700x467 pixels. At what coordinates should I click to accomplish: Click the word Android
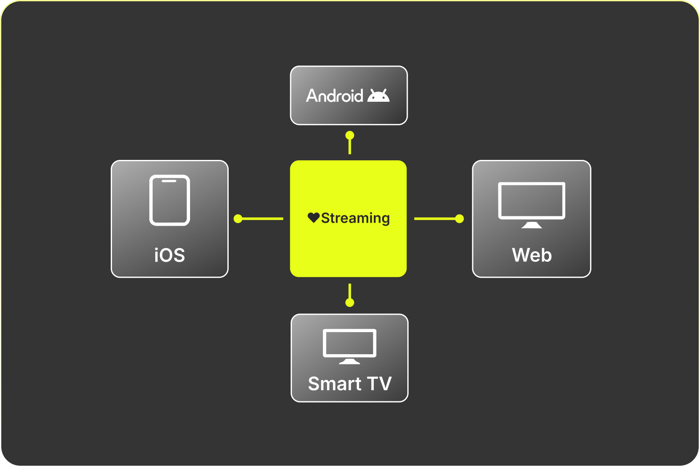pyautogui.click(x=334, y=96)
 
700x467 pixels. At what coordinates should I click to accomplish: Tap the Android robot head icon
pyautogui.click(x=378, y=96)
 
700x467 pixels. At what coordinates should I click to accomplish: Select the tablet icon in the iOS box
pyautogui.click(x=170, y=200)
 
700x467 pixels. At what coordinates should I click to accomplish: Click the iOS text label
pyautogui.click(x=170, y=255)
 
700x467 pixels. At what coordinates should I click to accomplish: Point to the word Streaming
pyautogui.click(x=355, y=218)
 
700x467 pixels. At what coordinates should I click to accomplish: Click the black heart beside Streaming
pyautogui.click(x=314, y=218)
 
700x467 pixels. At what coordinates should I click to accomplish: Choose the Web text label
pyautogui.click(x=532, y=255)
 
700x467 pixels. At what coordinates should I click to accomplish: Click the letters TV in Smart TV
pyautogui.click(x=380, y=384)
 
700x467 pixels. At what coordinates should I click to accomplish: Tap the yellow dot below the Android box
pyautogui.click(x=350, y=136)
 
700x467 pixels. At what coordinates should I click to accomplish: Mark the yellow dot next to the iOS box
pyautogui.click(x=238, y=219)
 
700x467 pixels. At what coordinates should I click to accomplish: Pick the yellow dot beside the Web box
pyautogui.click(x=459, y=219)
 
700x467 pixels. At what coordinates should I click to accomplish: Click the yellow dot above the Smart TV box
pyautogui.click(x=350, y=302)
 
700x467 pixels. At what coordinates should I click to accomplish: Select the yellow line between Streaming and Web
pyautogui.click(x=434, y=219)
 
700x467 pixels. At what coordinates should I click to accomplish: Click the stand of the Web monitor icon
pyautogui.click(x=532, y=225)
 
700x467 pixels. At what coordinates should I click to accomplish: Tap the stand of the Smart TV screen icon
pyautogui.click(x=350, y=361)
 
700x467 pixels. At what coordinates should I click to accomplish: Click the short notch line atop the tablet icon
pyautogui.click(x=169, y=181)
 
